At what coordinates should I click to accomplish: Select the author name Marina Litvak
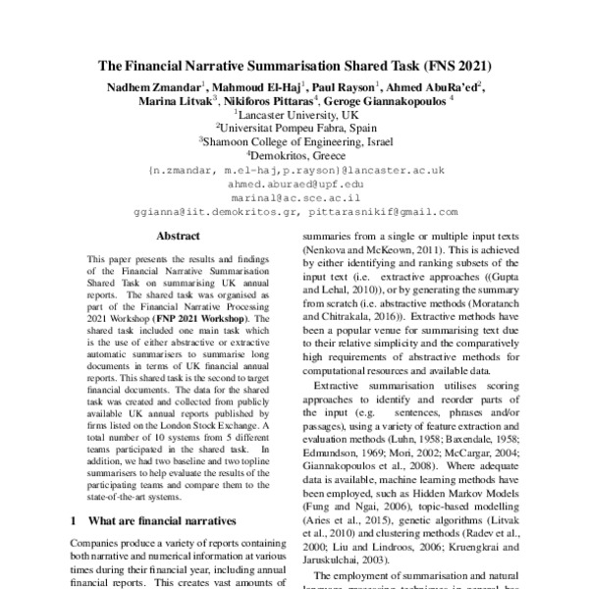173,100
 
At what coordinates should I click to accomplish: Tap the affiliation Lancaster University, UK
294,114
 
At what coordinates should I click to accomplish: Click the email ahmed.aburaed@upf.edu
294,183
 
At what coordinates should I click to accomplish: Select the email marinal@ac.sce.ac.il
294,196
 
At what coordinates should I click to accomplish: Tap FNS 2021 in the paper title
453,68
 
